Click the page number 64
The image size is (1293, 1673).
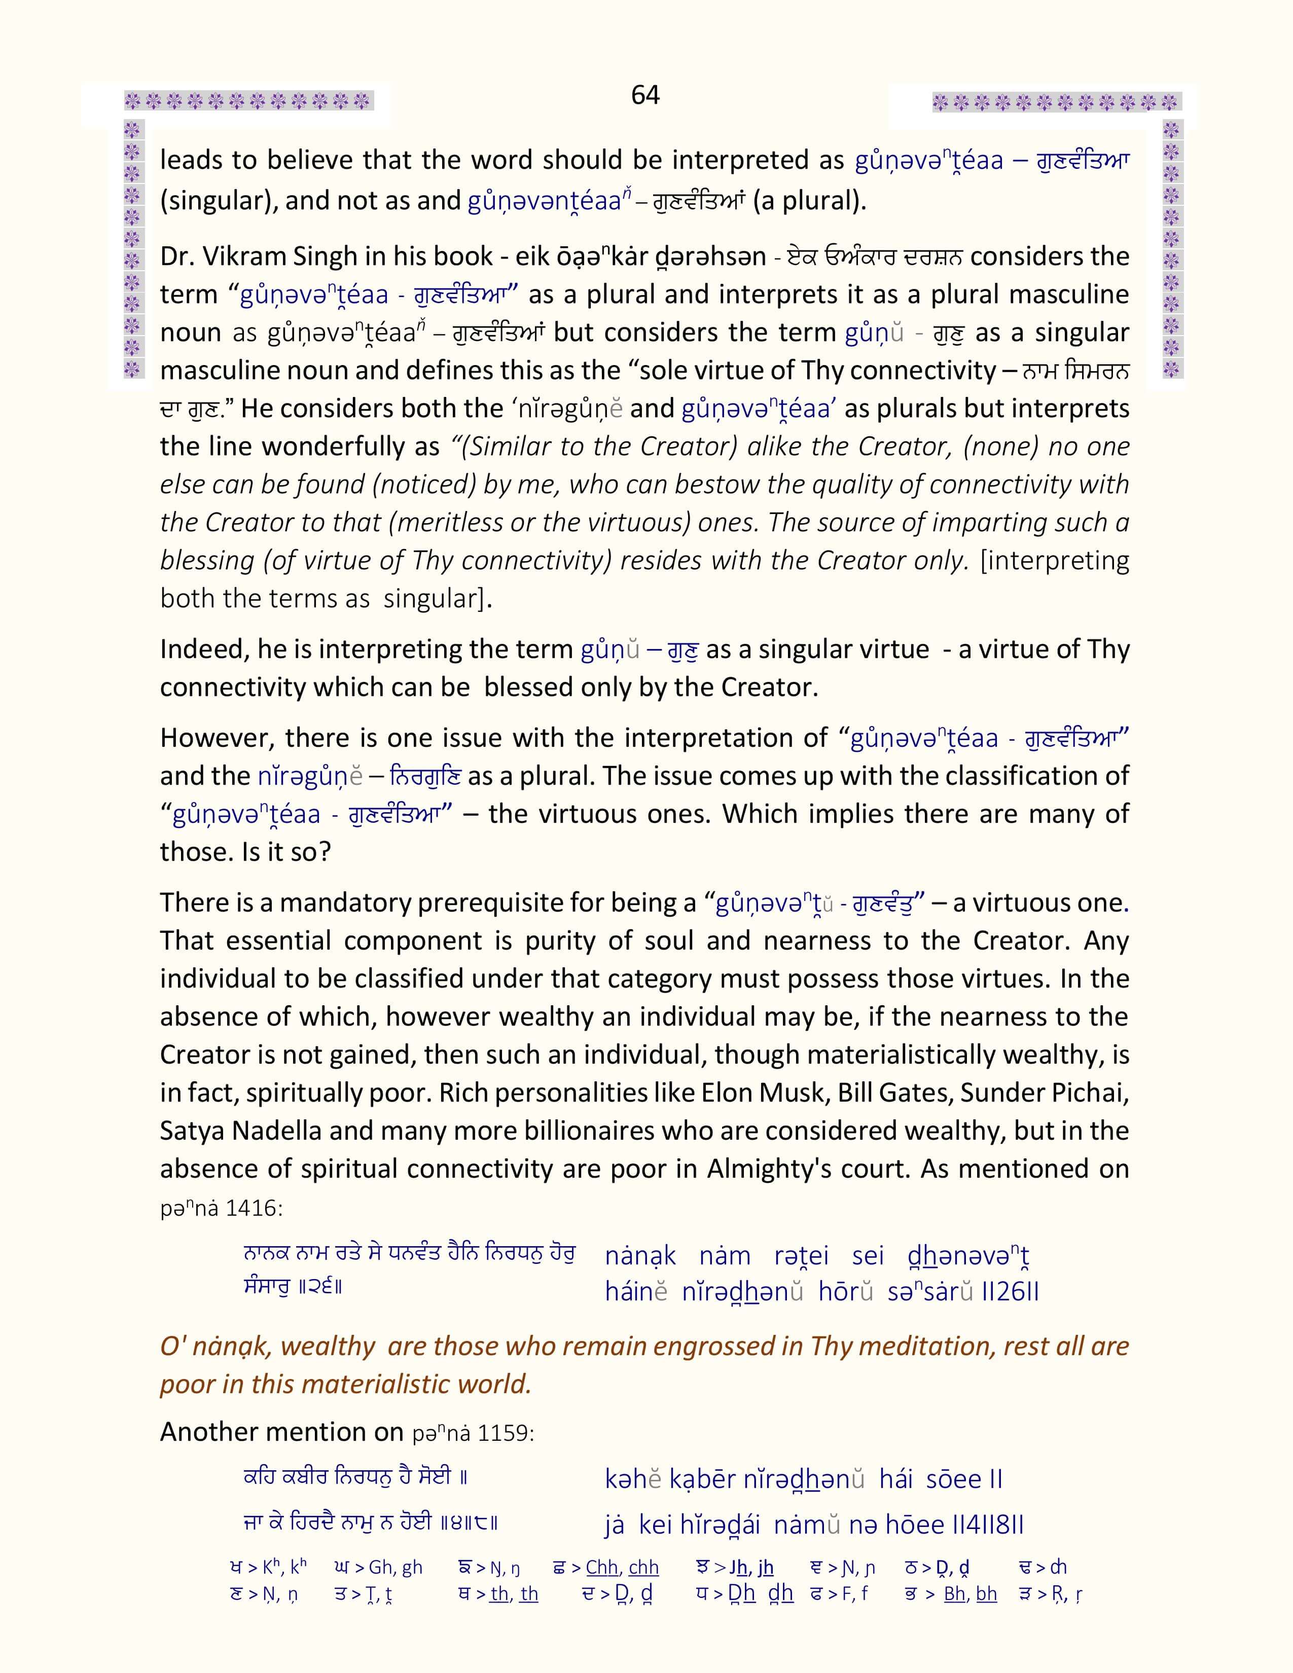(x=645, y=95)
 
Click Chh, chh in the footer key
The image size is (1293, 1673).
(x=622, y=1567)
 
